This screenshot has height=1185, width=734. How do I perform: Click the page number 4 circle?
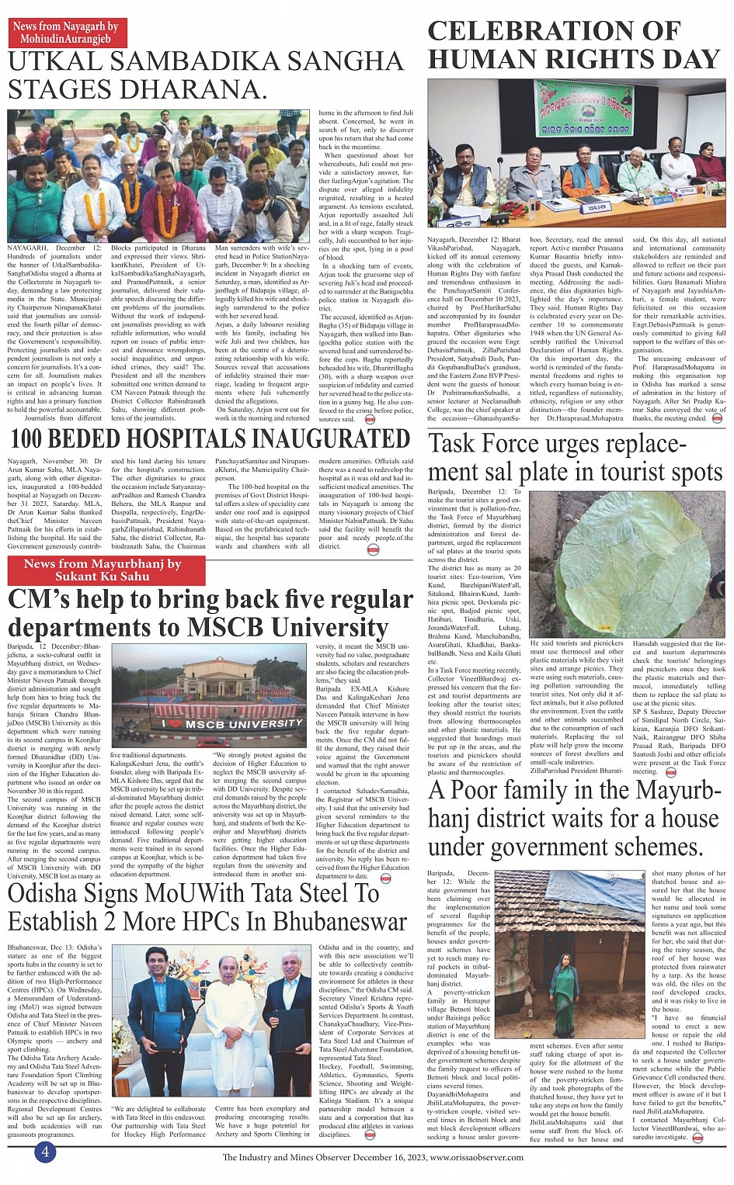click(x=45, y=1152)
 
